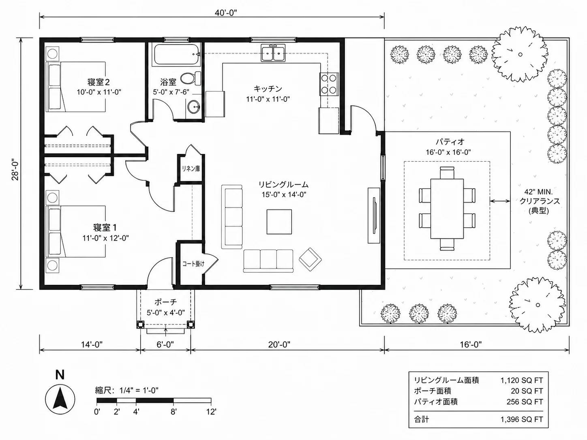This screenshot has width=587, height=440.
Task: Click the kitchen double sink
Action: pos(273,53)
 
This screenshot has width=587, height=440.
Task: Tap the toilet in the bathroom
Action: pos(191,78)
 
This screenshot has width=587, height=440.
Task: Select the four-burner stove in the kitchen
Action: pos(329,84)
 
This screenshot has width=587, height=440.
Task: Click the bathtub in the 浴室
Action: pos(176,55)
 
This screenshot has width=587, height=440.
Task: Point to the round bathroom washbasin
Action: pos(193,107)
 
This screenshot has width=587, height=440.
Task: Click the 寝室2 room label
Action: pos(99,82)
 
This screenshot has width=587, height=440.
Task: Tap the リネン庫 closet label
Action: pos(191,169)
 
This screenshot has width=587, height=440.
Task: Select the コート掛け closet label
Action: pos(193,264)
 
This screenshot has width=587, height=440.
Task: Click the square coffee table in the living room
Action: pos(279,222)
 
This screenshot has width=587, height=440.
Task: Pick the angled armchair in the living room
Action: pos(310,259)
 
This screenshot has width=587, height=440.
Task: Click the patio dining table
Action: pos(447,209)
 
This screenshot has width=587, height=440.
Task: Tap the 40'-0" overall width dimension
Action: pos(226,13)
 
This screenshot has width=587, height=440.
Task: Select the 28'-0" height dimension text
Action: pos(15,170)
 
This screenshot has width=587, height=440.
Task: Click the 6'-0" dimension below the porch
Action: pos(165,345)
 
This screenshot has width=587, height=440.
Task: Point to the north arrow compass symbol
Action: pos(60,399)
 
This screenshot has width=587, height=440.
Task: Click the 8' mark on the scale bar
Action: pos(174,412)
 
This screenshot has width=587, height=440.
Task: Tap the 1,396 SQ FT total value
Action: pos(522,419)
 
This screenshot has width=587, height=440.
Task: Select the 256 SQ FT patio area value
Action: pos(525,402)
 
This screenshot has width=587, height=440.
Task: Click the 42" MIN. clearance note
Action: pos(538,192)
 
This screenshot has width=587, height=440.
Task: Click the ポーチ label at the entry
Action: pos(165,302)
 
